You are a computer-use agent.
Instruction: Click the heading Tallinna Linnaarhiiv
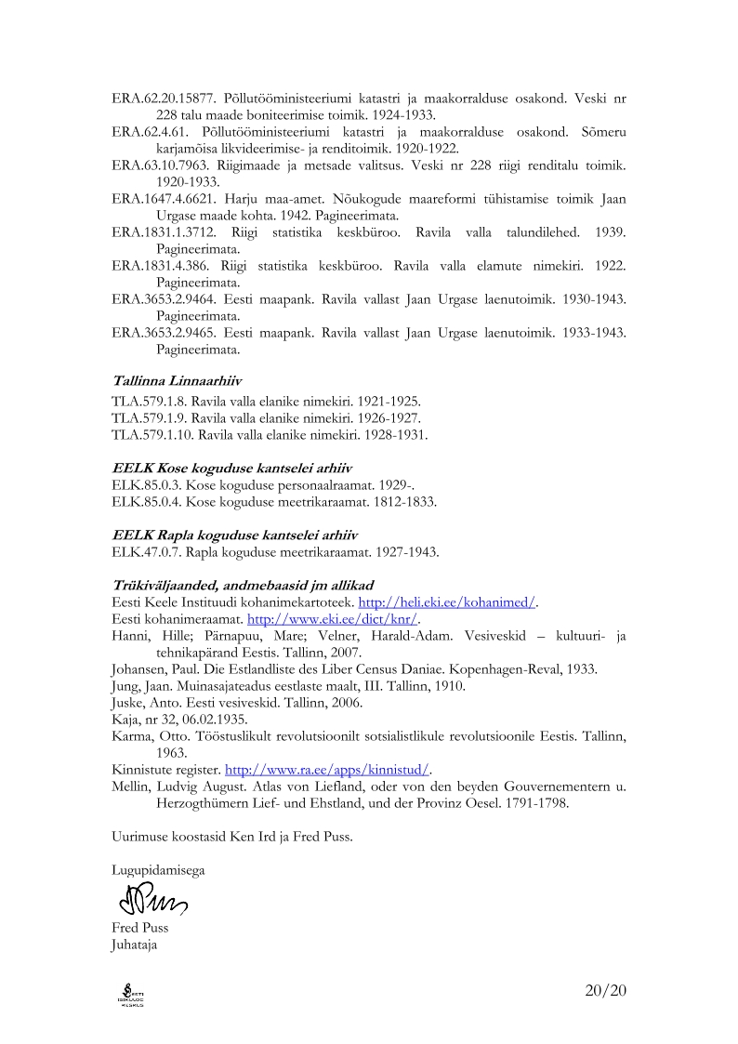(x=178, y=380)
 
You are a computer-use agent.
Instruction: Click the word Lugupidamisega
(x=157, y=870)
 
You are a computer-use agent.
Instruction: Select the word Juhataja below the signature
(x=135, y=945)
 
